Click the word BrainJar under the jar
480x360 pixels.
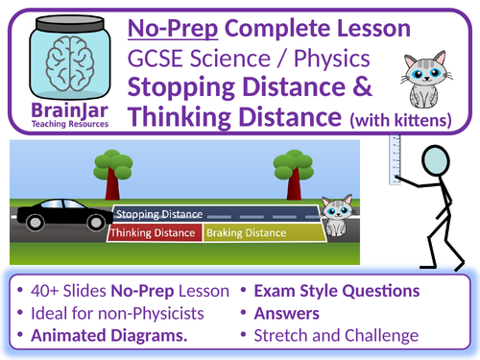[60, 108]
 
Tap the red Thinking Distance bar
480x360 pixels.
[155, 233]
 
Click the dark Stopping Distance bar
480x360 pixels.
[211, 214]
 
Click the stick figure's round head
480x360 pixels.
[444, 164]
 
